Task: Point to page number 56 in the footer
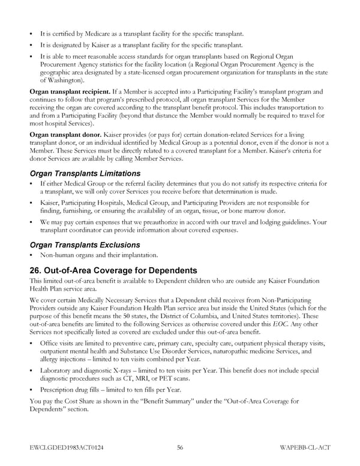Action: [180, 447]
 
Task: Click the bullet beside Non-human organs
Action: [31, 255]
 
